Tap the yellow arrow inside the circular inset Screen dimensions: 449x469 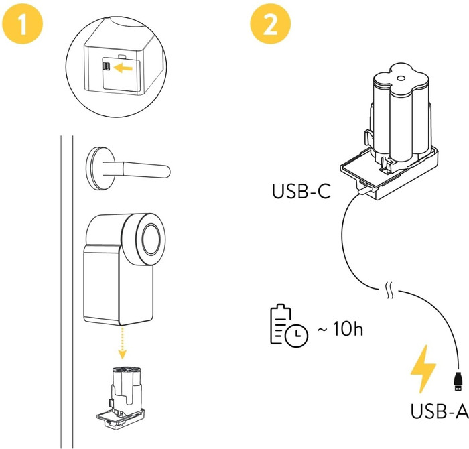122,67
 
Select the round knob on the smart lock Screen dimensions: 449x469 148,237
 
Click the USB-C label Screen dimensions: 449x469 301,191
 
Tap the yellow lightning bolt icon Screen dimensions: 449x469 423,369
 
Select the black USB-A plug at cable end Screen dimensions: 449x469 457,383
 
